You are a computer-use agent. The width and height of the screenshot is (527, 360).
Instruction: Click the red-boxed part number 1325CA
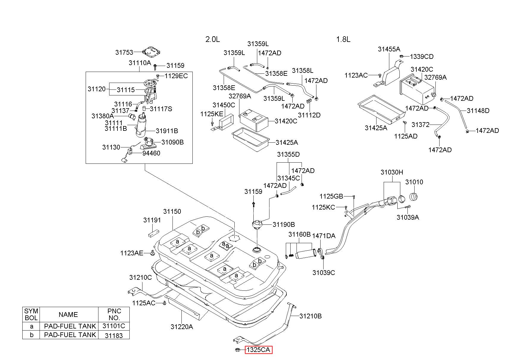[258, 350]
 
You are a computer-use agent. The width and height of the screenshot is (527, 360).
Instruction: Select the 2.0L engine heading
[213, 39]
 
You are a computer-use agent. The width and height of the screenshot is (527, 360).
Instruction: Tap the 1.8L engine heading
[343, 39]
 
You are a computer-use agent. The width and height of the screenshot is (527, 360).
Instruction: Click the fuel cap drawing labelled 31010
[414, 196]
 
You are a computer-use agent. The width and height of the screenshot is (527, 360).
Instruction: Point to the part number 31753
[124, 53]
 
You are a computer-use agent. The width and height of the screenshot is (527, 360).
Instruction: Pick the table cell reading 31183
[114, 335]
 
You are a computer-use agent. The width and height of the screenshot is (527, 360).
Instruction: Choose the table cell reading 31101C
[114, 326]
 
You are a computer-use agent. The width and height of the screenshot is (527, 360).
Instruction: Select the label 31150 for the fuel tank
[172, 211]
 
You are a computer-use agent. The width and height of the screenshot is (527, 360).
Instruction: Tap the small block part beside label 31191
[153, 233]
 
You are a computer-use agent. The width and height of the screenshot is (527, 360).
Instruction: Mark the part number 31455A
[389, 49]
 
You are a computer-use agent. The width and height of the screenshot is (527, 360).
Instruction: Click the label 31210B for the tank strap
[310, 316]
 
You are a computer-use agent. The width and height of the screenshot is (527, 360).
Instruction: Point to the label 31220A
[182, 327]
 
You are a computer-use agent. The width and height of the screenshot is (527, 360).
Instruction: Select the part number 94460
[151, 153]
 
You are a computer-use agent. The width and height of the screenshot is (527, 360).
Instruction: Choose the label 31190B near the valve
[284, 224]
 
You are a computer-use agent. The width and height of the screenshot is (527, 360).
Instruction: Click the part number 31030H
[392, 172]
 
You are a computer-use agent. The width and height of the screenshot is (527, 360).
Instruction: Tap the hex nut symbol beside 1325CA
[238, 350]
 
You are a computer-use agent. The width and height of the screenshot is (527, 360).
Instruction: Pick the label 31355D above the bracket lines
[288, 155]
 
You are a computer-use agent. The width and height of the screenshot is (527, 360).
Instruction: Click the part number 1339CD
[422, 56]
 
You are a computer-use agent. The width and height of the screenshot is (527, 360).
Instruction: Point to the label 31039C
[324, 273]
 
